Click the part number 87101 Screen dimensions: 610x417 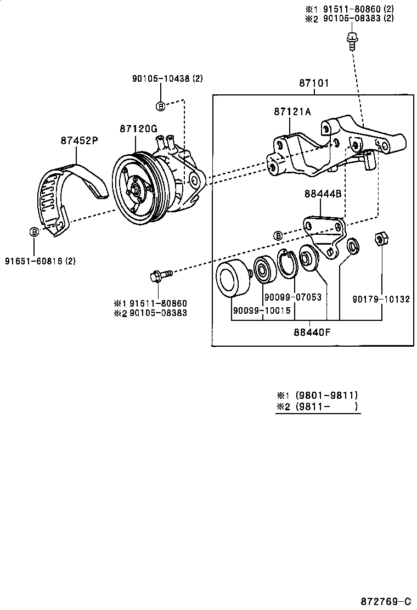314,83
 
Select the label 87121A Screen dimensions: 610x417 292,112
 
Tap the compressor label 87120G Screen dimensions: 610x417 139,129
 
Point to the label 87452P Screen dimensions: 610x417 79,140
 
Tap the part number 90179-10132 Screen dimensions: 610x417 381,299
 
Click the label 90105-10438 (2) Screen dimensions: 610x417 167,78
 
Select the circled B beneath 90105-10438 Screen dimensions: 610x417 160,105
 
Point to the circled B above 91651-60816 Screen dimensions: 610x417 34,232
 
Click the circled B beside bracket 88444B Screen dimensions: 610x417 278,236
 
